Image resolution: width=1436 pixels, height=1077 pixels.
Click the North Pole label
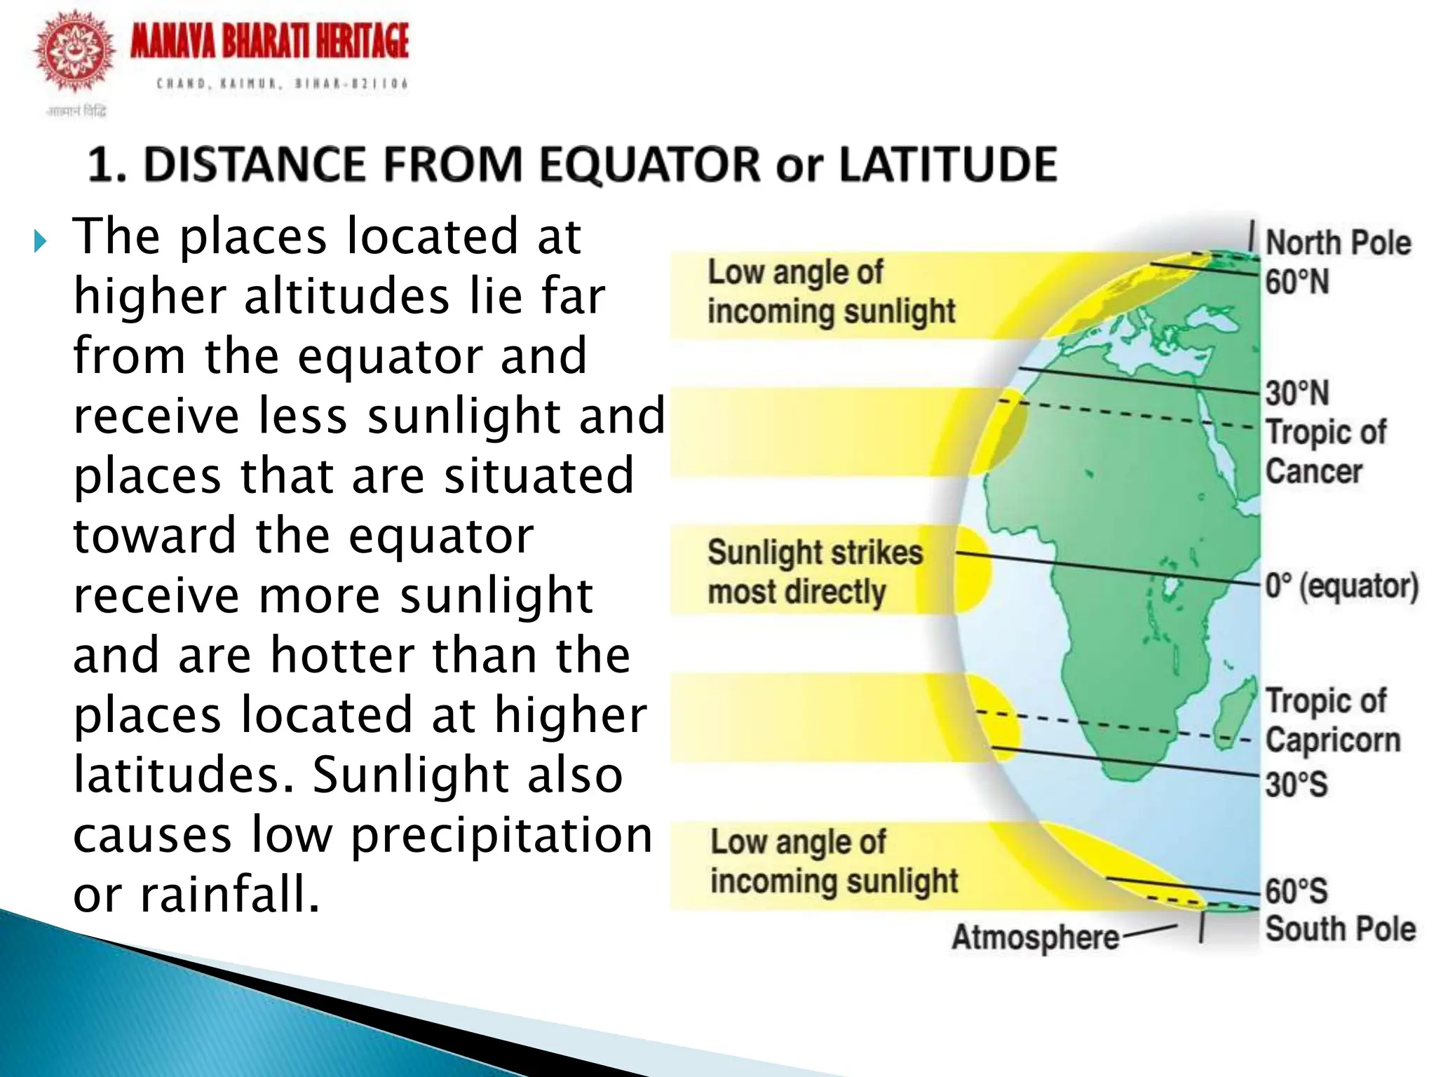(1338, 243)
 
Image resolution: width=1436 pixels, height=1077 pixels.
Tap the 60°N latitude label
(1297, 282)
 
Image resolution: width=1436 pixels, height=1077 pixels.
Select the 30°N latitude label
(1297, 393)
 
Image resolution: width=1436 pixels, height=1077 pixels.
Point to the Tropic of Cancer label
(1325, 452)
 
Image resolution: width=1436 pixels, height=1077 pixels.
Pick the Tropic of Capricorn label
(1332, 720)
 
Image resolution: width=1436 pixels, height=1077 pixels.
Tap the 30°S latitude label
(1296, 783)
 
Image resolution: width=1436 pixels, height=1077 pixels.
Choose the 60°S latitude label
(1296, 891)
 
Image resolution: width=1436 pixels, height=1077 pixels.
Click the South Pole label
(1340, 928)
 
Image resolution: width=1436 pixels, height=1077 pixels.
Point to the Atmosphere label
(1035, 937)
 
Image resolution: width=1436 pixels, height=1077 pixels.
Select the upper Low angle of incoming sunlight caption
(831, 292)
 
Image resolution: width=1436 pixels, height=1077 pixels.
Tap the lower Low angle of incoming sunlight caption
(834, 862)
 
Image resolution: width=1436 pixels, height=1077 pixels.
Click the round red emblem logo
(75, 52)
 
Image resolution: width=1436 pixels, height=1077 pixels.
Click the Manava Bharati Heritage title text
(269, 41)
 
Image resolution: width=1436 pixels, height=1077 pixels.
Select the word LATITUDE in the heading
(948, 165)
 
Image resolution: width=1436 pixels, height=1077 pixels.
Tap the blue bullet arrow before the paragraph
(40, 242)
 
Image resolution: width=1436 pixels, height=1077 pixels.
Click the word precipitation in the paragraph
(501, 835)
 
